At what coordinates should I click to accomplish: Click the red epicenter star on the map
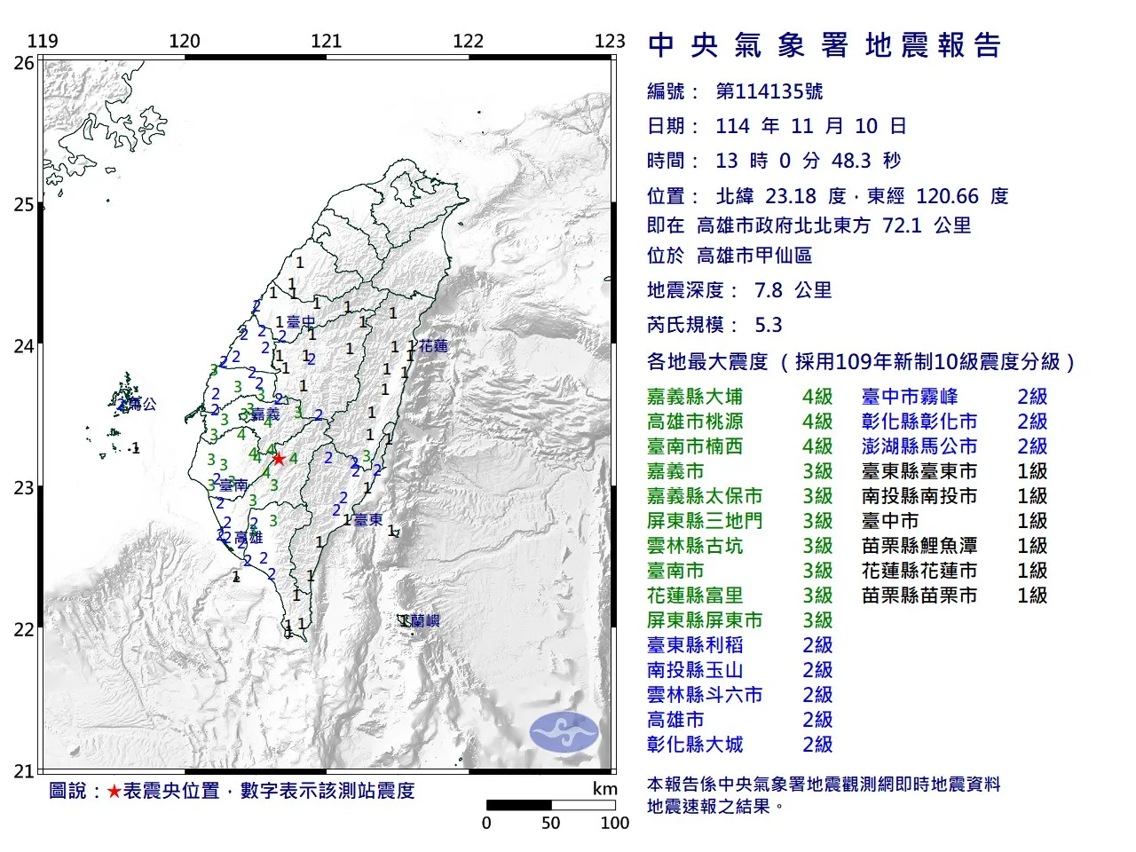pyautogui.click(x=279, y=459)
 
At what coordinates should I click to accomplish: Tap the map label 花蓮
pyautogui.click(x=434, y=346)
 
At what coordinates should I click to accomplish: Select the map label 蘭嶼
pyautogui.click(x=424, y=621)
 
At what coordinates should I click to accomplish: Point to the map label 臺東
pyautogui.click(x=368, y=520)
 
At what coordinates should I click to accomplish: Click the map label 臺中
pyautogui.click(x=301, y=322)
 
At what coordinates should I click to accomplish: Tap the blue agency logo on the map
pyautogui.click(x=564, y=732)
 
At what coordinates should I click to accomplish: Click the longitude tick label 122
pyautogui.click(x=468, y=41)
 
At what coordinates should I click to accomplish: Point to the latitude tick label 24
pyautogui.click(x=24, y=346)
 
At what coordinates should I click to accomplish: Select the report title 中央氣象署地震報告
pyautogui.click(x=824, y=45)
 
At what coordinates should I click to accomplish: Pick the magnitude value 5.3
pyautogui.click(x=769, y=325)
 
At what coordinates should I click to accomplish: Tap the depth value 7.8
pyautogui.click(x=769, y=290)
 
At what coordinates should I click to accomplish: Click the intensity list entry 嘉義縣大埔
pyautogui.click(x=695, y=397)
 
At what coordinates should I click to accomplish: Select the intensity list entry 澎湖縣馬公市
pyautogui.click(x=919, y=446)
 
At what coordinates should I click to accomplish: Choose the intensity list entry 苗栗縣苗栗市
pyautogui.click(x=919, y=596)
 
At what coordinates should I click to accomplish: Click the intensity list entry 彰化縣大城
pyautogui.click(x=695, y=745)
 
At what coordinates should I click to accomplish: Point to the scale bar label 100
pyautogui.click(x=614, y=823)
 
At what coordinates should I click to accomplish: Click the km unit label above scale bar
pyautogui.click(x=604, y=789)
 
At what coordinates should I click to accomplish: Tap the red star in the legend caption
pyautogui.click(x=114, y=791)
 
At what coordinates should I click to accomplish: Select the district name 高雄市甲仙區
pyautogui.click(x=754, y=256)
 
